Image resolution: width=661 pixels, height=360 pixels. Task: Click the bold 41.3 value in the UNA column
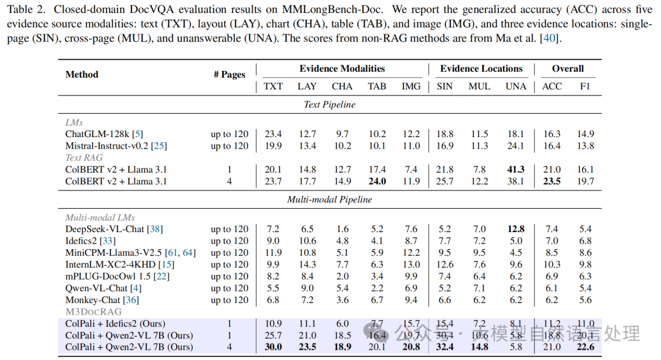pos(516,169)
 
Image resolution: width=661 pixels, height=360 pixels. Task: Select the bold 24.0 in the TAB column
pos(377,181)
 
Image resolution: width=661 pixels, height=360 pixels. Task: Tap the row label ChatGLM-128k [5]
pos(104,134)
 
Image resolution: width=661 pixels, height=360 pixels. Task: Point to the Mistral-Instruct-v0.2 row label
pos(116,146)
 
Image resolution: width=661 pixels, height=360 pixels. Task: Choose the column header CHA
pos(342,86)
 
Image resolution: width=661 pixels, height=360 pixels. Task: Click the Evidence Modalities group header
pos(342,69)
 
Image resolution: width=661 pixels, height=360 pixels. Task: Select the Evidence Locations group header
pos(481,69)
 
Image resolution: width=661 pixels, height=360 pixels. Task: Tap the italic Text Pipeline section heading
pos(329,105)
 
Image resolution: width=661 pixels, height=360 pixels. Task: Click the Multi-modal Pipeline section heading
pos(329,200)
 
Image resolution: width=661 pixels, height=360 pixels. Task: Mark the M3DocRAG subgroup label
pos(93,312)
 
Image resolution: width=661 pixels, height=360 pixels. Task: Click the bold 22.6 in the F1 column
pos(586,347)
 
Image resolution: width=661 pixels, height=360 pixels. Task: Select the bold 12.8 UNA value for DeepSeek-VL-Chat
pos(516,229)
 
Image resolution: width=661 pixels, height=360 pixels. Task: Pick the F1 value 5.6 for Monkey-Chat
pos(586,300)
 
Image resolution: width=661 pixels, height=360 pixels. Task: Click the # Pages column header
pos(230,75)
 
